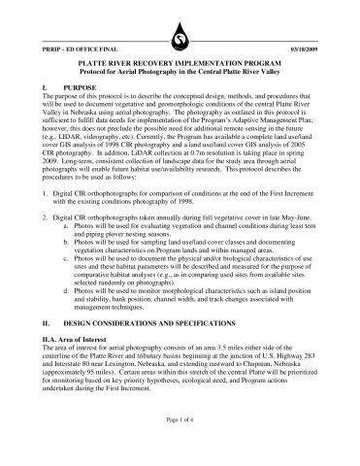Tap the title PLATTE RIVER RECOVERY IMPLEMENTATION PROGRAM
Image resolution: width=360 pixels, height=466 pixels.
tap(180, 60)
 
